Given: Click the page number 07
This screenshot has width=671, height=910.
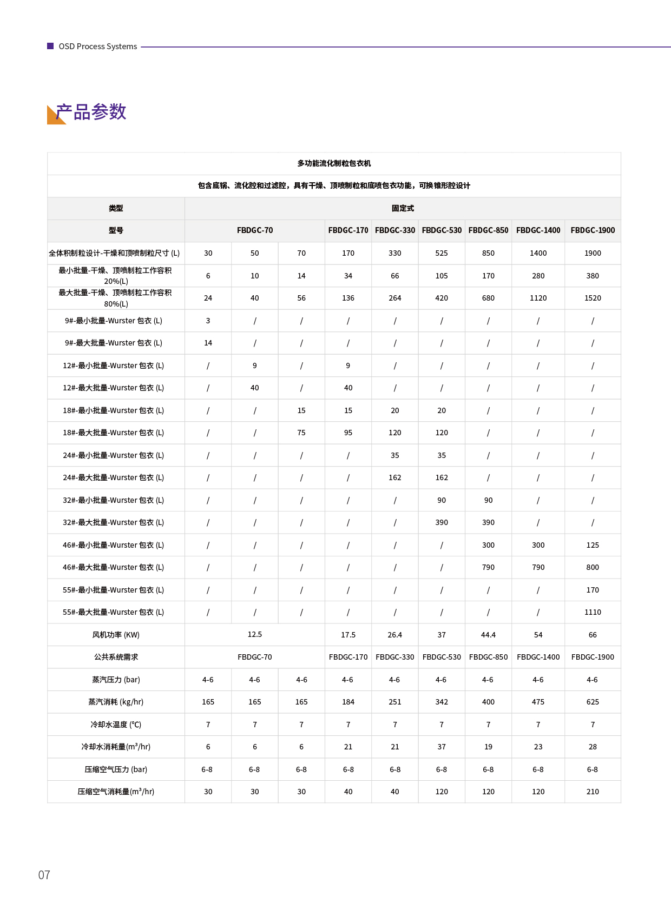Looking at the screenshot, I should (44, 875).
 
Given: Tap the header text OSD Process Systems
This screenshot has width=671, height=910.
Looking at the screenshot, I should (97, 47).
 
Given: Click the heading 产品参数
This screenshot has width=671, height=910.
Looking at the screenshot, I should (91, 112).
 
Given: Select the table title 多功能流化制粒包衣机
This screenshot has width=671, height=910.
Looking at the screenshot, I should (334, 163).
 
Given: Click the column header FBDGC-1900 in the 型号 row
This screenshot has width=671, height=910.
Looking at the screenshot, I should (593, 230).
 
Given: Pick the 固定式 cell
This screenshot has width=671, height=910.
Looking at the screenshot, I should (403, 208).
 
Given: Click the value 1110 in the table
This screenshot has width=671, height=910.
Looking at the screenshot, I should (593, 612).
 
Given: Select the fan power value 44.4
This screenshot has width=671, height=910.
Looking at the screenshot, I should (488, 635).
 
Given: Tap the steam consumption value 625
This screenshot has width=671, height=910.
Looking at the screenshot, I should (593, 702).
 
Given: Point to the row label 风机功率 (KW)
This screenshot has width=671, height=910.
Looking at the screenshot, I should (116, 635).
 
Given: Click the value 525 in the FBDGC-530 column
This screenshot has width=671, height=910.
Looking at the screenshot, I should (442, 253).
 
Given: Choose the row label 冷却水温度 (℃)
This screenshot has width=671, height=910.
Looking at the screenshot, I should (116, 725).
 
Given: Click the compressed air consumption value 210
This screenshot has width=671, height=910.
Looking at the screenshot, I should (593, 792).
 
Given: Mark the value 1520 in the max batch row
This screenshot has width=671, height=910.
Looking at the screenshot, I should (593, 298).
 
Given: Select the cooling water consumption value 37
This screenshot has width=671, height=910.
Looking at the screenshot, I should (442, 747).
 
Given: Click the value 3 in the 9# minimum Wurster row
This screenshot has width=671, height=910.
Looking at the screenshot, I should (208, 321).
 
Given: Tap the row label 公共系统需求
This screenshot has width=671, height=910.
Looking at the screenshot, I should (116, 657).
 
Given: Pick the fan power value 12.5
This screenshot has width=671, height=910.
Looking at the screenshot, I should (254, 634).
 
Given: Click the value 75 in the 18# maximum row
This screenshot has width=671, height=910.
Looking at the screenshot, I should (301, 433).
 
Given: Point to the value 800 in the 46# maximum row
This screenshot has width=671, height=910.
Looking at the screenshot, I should (593, 567).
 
